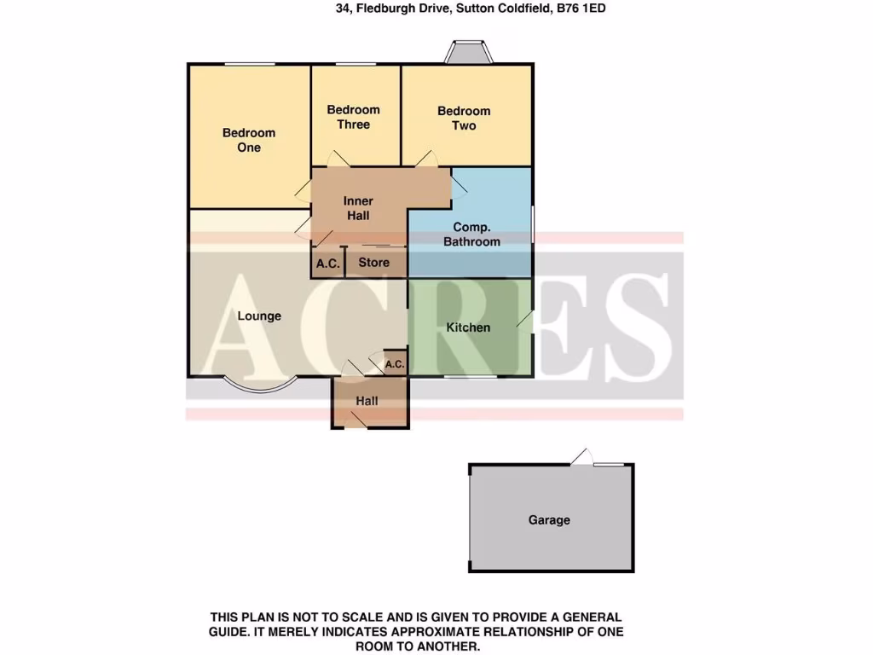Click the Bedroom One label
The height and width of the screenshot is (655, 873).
(x=249, y=140)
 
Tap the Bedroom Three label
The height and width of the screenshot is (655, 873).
(x=353, y=117)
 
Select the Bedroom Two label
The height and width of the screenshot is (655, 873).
(x=464, y=118)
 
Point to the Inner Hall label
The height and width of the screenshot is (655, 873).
(x=358, y=208)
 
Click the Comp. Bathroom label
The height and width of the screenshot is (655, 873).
(x=477, y=235)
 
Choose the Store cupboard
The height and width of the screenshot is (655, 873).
(x=373, y=263)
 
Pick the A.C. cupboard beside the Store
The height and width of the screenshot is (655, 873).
(x=328, y=264)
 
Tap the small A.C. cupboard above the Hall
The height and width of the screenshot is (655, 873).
(x=395, y=364)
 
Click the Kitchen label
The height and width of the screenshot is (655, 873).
(x=469, y=327)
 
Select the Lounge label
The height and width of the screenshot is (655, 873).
(x=259, y=316)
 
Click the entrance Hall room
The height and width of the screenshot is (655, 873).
(x=367, y=402)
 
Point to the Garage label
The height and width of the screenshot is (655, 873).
(x=549, y=519)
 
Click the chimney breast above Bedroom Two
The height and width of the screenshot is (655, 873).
(x=469, y=53)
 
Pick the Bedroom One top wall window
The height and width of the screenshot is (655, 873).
(x=250, y=65)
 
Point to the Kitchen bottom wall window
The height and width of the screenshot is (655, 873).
(x=470, y=375)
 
